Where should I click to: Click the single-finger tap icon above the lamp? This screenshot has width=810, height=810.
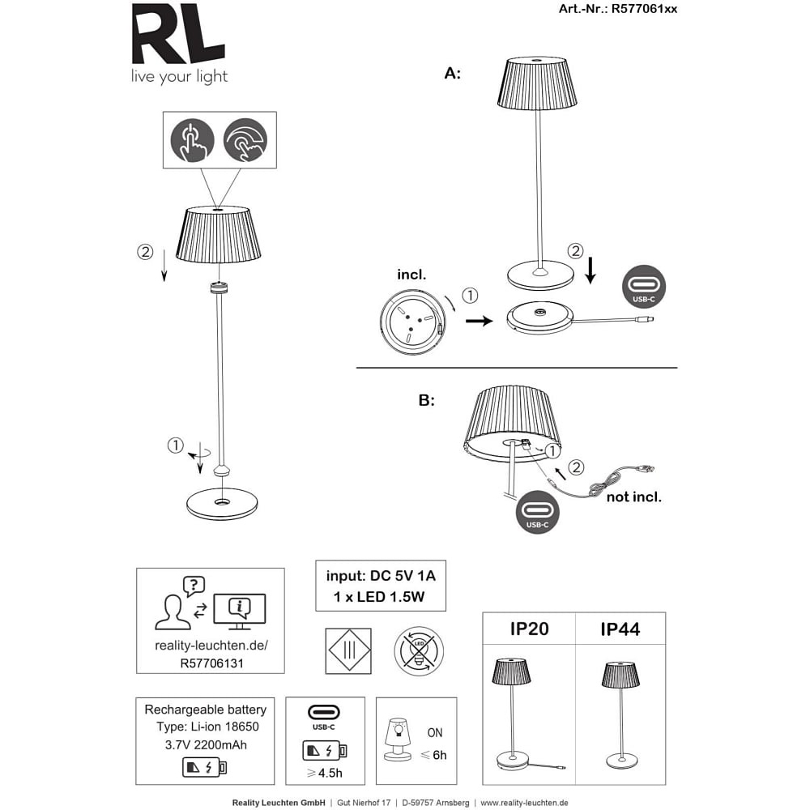coord(192,140)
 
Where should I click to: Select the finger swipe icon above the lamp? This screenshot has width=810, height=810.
coord(245,140)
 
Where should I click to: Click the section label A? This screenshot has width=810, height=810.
coord(453,74)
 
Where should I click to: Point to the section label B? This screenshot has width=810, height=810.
coord(427,400)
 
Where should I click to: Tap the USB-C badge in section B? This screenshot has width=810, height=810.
coord(537,513)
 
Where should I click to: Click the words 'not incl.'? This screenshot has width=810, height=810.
coord(634,497)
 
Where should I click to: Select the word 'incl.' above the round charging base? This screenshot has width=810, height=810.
coord(412,275)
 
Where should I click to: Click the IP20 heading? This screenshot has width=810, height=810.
coord(529,629)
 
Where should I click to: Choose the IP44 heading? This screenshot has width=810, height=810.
coord(620,629)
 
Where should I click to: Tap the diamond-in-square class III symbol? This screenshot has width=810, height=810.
coord(347,651)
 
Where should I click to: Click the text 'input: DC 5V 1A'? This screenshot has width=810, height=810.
coord(381,577)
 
